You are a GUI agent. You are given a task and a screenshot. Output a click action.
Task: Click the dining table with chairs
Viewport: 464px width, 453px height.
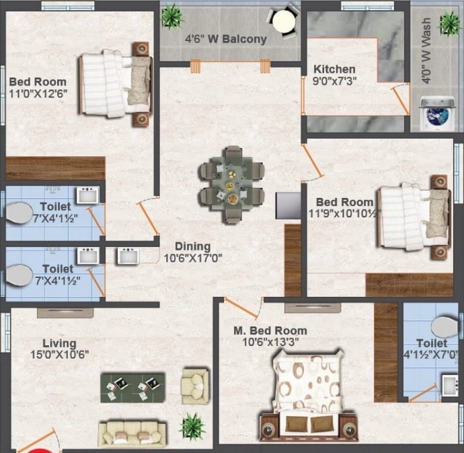click(231, 184)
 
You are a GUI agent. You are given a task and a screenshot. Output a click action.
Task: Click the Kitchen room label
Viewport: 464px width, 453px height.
click(334, 69)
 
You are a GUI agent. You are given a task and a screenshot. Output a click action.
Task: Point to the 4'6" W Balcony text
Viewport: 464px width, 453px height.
click(226, 38)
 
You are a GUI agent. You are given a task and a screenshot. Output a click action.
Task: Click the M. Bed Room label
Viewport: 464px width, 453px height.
click(270, 330)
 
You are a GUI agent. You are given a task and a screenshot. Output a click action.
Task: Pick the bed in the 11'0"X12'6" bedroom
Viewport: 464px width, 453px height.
click(114, 84)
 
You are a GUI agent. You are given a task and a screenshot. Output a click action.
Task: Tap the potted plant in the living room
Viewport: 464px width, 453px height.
click(192, 425)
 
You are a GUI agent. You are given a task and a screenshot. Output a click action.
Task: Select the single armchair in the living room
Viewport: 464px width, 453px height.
click(195, 385)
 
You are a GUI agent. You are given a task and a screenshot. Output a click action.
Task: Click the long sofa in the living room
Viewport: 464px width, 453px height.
click(132, 433)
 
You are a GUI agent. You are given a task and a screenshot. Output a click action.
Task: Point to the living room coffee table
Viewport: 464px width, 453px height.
click(132, 387)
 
